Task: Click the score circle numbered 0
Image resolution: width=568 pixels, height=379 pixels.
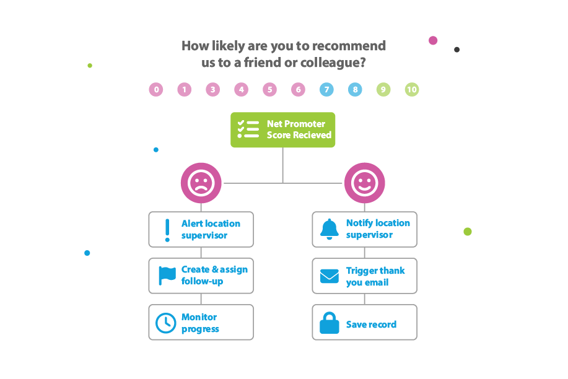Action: coord(156,90)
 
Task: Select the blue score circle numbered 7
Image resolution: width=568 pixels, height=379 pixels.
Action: coord(326,90)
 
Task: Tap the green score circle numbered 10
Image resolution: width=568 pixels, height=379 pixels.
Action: coord(412,90)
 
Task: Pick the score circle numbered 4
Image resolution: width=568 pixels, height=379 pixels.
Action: coord(241,90)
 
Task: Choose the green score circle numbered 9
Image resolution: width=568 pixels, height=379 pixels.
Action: coord(383,90)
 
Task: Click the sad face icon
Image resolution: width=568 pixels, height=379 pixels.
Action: coord(201,183)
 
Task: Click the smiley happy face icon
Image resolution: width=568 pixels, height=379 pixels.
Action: coord(364,183)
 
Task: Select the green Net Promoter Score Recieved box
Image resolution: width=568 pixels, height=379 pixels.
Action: coord(283,130)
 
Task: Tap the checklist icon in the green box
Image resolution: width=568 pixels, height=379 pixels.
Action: coord(248,129)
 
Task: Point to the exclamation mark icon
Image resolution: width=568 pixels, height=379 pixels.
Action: coord(167,230)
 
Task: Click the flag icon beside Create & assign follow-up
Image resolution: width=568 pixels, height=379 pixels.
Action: coord(167,275)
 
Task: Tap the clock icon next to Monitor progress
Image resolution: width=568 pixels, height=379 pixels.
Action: coord(165,323)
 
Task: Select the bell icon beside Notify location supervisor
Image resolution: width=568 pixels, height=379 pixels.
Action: coord(330,229)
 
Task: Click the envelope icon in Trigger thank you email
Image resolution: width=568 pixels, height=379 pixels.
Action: coord(330,276)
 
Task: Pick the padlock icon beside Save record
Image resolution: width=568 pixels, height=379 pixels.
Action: coord(330,323)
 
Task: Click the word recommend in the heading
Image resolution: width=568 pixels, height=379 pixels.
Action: coord(349,46)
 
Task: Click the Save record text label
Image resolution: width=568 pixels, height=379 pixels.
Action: coord(371,325)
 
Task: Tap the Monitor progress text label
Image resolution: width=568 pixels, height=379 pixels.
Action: coord(200,323)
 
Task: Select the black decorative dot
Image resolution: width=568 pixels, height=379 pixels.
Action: coord(457,50)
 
